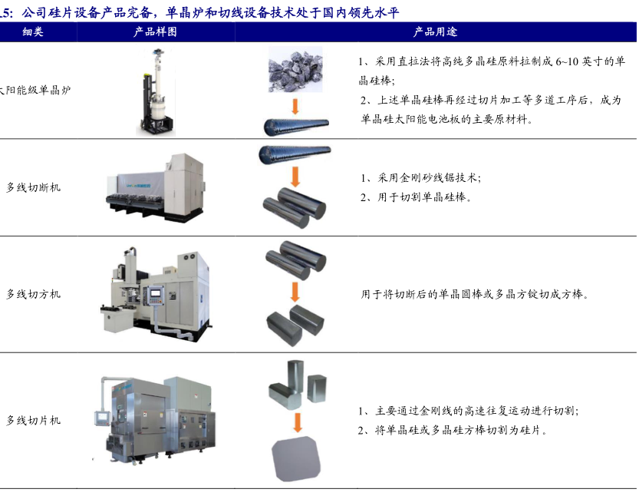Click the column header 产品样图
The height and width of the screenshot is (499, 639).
pyautogui.click(x=155, y=31)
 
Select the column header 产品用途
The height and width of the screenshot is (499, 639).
pyautogui.click(x=435, y=31)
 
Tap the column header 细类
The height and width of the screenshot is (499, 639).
pyautogui.click(x=32, y=31)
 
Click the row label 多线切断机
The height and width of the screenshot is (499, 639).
pyautogui.click(x=34, y=187)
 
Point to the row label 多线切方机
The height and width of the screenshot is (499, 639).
pyautogui.click(x=34, y=294)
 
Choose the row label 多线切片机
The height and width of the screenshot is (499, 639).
pyautogui.click(x=34, y=421)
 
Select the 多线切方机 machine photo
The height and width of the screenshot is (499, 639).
pyautogui.click(x=156, y=293)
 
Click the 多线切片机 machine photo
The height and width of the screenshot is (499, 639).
pyautogui.click(x=154, y=419)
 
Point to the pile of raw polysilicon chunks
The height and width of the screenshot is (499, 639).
pyautogui.click(x=295, y=70)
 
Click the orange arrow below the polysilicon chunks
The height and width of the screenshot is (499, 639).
pyautogui.click(x=295, y=106)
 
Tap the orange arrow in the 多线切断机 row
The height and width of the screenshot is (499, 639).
pyautogui.click(x=295, y=176)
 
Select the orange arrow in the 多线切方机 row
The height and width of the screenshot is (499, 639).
pyautogui.click(x=295, y=292)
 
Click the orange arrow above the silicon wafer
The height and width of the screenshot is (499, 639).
pyautogui.click(x=298, y=422)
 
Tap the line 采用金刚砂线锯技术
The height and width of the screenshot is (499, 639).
pyautogui.click(x=420, y=178)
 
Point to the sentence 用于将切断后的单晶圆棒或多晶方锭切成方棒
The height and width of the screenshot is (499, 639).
pyautogui.click(x=475, y=294)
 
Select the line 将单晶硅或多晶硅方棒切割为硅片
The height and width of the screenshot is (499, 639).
pyautogui.click(x=453, y=430)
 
